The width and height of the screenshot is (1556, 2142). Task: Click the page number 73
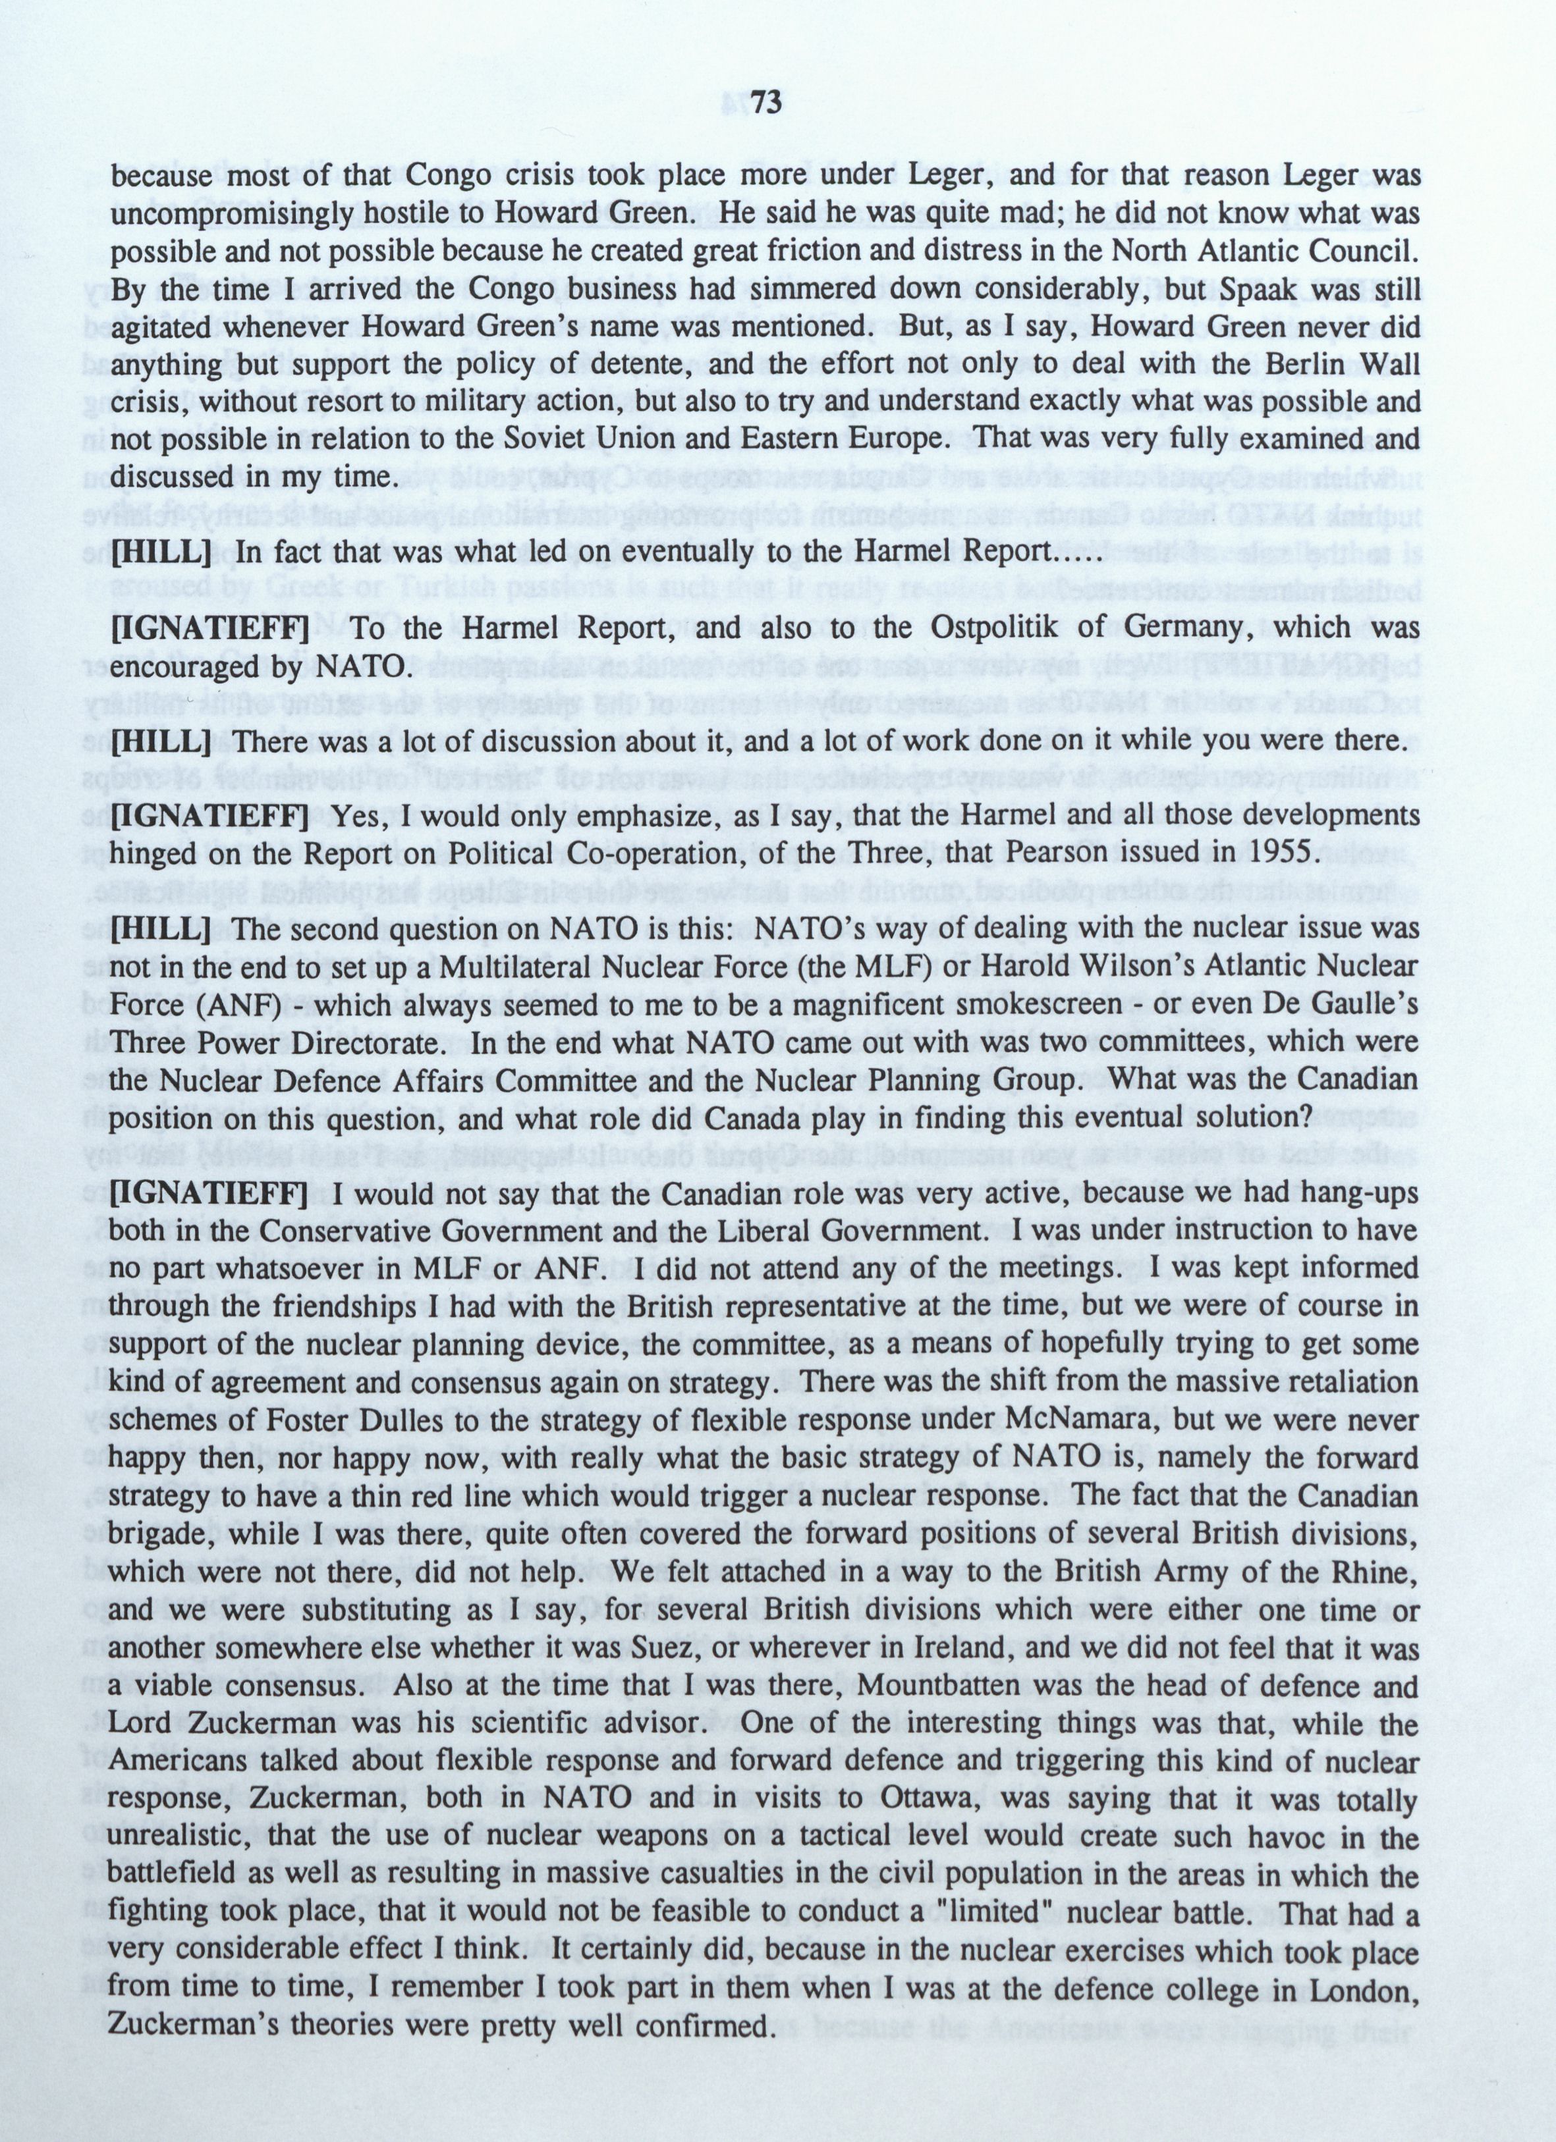coord(768,103)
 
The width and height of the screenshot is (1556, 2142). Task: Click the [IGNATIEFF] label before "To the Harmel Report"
coord(209,628)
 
